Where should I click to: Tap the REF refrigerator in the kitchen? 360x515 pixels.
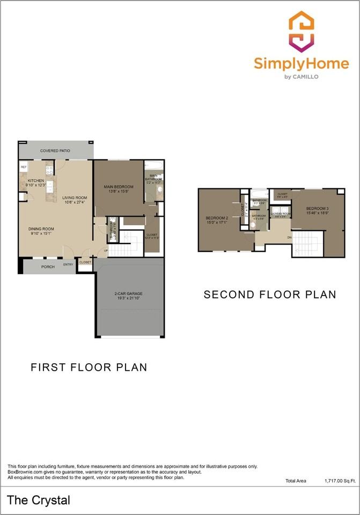[24, 167]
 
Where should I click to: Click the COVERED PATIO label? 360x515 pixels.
[55, 151]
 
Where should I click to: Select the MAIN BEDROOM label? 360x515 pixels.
[119, 187]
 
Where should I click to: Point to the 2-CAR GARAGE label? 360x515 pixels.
[128, 294]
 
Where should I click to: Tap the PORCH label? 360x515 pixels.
[48, 267]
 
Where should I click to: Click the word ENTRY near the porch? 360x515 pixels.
[68, 264]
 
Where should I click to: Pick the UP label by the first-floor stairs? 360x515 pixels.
[106, 251]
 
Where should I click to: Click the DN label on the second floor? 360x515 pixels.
[289, 237]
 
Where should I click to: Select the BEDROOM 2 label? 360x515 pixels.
[217, 218]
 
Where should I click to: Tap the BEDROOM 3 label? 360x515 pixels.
[318, 208]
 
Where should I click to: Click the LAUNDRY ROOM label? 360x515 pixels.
[280, 214]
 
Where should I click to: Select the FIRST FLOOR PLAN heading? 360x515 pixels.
[89, 367]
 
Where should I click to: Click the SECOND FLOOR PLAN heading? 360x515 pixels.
[270, 295]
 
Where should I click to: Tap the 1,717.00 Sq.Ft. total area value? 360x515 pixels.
[340, 481]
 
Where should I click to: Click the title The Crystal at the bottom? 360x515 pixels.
[39, 501]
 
